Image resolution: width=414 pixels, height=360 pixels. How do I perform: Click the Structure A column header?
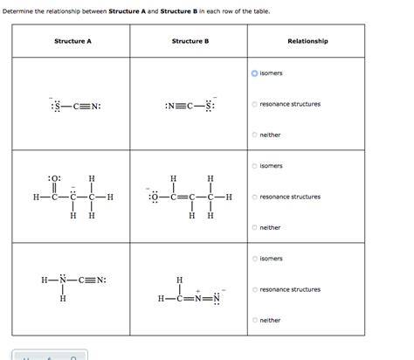pos(72,41)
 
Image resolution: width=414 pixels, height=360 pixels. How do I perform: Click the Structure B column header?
pos(190,41)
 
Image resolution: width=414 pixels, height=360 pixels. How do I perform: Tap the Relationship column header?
pos(307,41)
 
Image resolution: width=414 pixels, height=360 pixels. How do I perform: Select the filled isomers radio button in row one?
pos(255,73)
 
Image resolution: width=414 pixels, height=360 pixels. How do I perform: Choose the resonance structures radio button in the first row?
pos(255,104)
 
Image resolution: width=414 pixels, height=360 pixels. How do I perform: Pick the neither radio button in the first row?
pos(255,135)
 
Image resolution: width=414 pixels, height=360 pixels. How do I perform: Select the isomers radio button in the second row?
pos(255,166)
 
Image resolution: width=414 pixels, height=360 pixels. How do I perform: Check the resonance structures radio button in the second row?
pos(255,197)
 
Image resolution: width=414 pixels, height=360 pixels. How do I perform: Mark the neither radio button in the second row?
pos(255,227)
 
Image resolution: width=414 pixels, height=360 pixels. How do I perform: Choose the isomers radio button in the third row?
pos(255,259)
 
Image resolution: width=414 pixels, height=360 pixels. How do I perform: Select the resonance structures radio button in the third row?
pos(255,289)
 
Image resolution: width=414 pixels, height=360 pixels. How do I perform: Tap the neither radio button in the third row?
pos(255,320)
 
